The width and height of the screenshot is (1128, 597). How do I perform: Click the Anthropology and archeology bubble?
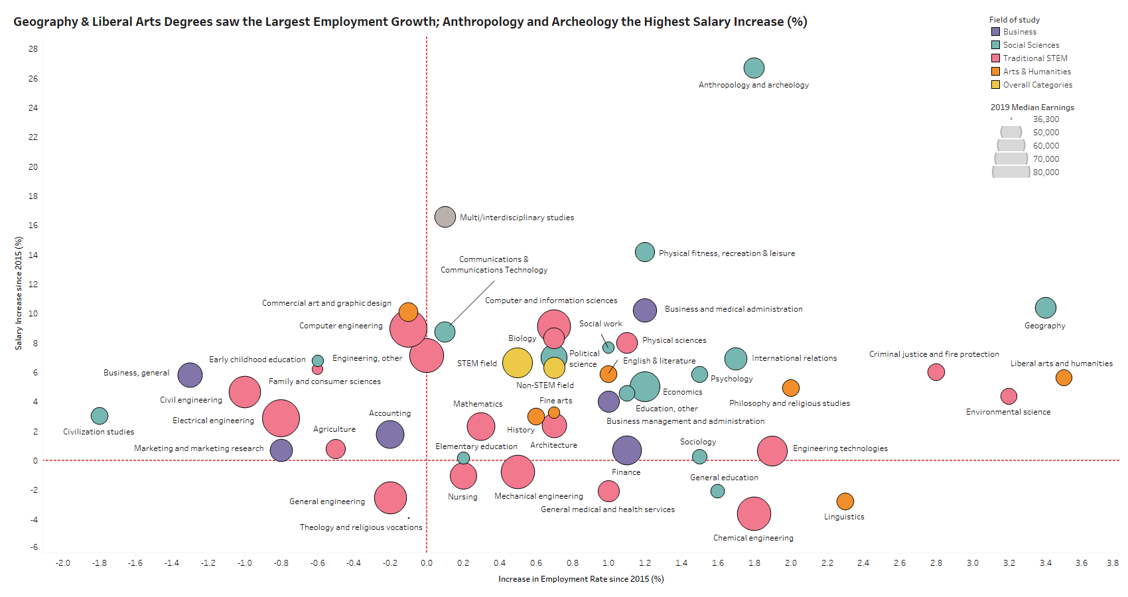(x=754, y=68)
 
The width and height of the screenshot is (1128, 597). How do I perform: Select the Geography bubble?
(x=1045, y=308)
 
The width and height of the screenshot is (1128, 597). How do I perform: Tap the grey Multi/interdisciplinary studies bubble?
(x=445, y=217)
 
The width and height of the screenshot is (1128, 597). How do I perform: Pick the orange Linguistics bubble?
(x=845, y=501)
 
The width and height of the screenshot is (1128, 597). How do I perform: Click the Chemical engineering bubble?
(x=754, y=513)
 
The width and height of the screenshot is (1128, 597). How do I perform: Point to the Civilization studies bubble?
(x=100, y=416)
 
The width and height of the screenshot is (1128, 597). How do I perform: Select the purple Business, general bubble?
(x=190, y=375)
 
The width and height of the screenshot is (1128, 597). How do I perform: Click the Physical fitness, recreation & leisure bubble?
(x=645, y=252)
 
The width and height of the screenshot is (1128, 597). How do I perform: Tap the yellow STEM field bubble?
(x=518, y=363)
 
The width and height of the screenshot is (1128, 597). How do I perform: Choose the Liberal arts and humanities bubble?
(x=1064, y=378)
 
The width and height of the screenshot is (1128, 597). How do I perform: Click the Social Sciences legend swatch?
(x=995, y=45)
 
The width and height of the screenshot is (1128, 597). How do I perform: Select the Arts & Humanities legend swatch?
(x=995, y=72)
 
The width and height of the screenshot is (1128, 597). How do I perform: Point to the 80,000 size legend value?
(x=1046, y=172)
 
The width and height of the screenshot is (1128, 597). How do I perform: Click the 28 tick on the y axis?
(x=33, y=49)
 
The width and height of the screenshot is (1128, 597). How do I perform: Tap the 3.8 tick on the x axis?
(x=1113, y=563)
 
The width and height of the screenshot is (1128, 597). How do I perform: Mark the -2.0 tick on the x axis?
(x=63, y=563)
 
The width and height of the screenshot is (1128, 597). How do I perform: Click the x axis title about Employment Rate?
(x=581, y=579)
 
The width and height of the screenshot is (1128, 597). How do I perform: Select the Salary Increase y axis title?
(x=19, y=293)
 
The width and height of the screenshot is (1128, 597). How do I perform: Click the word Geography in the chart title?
(x=45, y=22)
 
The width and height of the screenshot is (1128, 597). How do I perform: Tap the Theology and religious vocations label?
(x=361, y=527)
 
